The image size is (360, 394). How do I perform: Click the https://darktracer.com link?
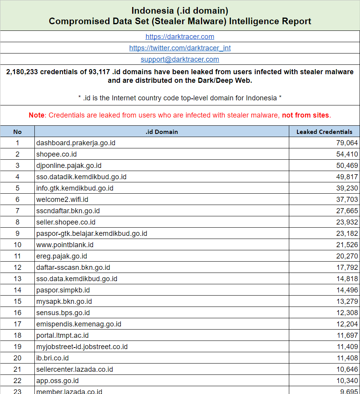tap(180, 37)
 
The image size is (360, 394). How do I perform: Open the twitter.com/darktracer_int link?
tap(180, 48)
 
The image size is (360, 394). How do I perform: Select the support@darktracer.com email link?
tap(180, 59)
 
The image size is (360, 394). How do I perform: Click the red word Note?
tap(37, 115)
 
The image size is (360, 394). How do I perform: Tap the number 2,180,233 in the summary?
tap(22, 72)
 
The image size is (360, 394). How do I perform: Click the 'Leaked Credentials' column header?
tap(324, 132)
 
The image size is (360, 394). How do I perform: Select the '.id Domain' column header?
tap(161, 132)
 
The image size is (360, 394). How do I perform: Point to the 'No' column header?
tap(17, 132)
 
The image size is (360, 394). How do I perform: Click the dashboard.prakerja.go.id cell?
tap(76, 143)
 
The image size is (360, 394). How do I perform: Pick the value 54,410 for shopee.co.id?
tap(347, 154)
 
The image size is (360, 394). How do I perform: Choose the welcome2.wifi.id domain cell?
tap(62, 200)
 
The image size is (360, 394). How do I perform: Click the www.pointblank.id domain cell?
tap(65, 245)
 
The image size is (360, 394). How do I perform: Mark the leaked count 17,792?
tap(347, 267)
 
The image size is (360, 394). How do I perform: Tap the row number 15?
tap(17, 301)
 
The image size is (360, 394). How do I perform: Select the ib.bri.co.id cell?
tap(52, 358)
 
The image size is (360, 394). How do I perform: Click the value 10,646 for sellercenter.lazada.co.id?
tap(347, 369)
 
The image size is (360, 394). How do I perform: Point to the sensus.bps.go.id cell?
tap(63, 313)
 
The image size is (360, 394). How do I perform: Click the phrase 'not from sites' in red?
tap(306, 115)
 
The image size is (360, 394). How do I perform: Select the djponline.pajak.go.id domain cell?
tap(69, 166)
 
